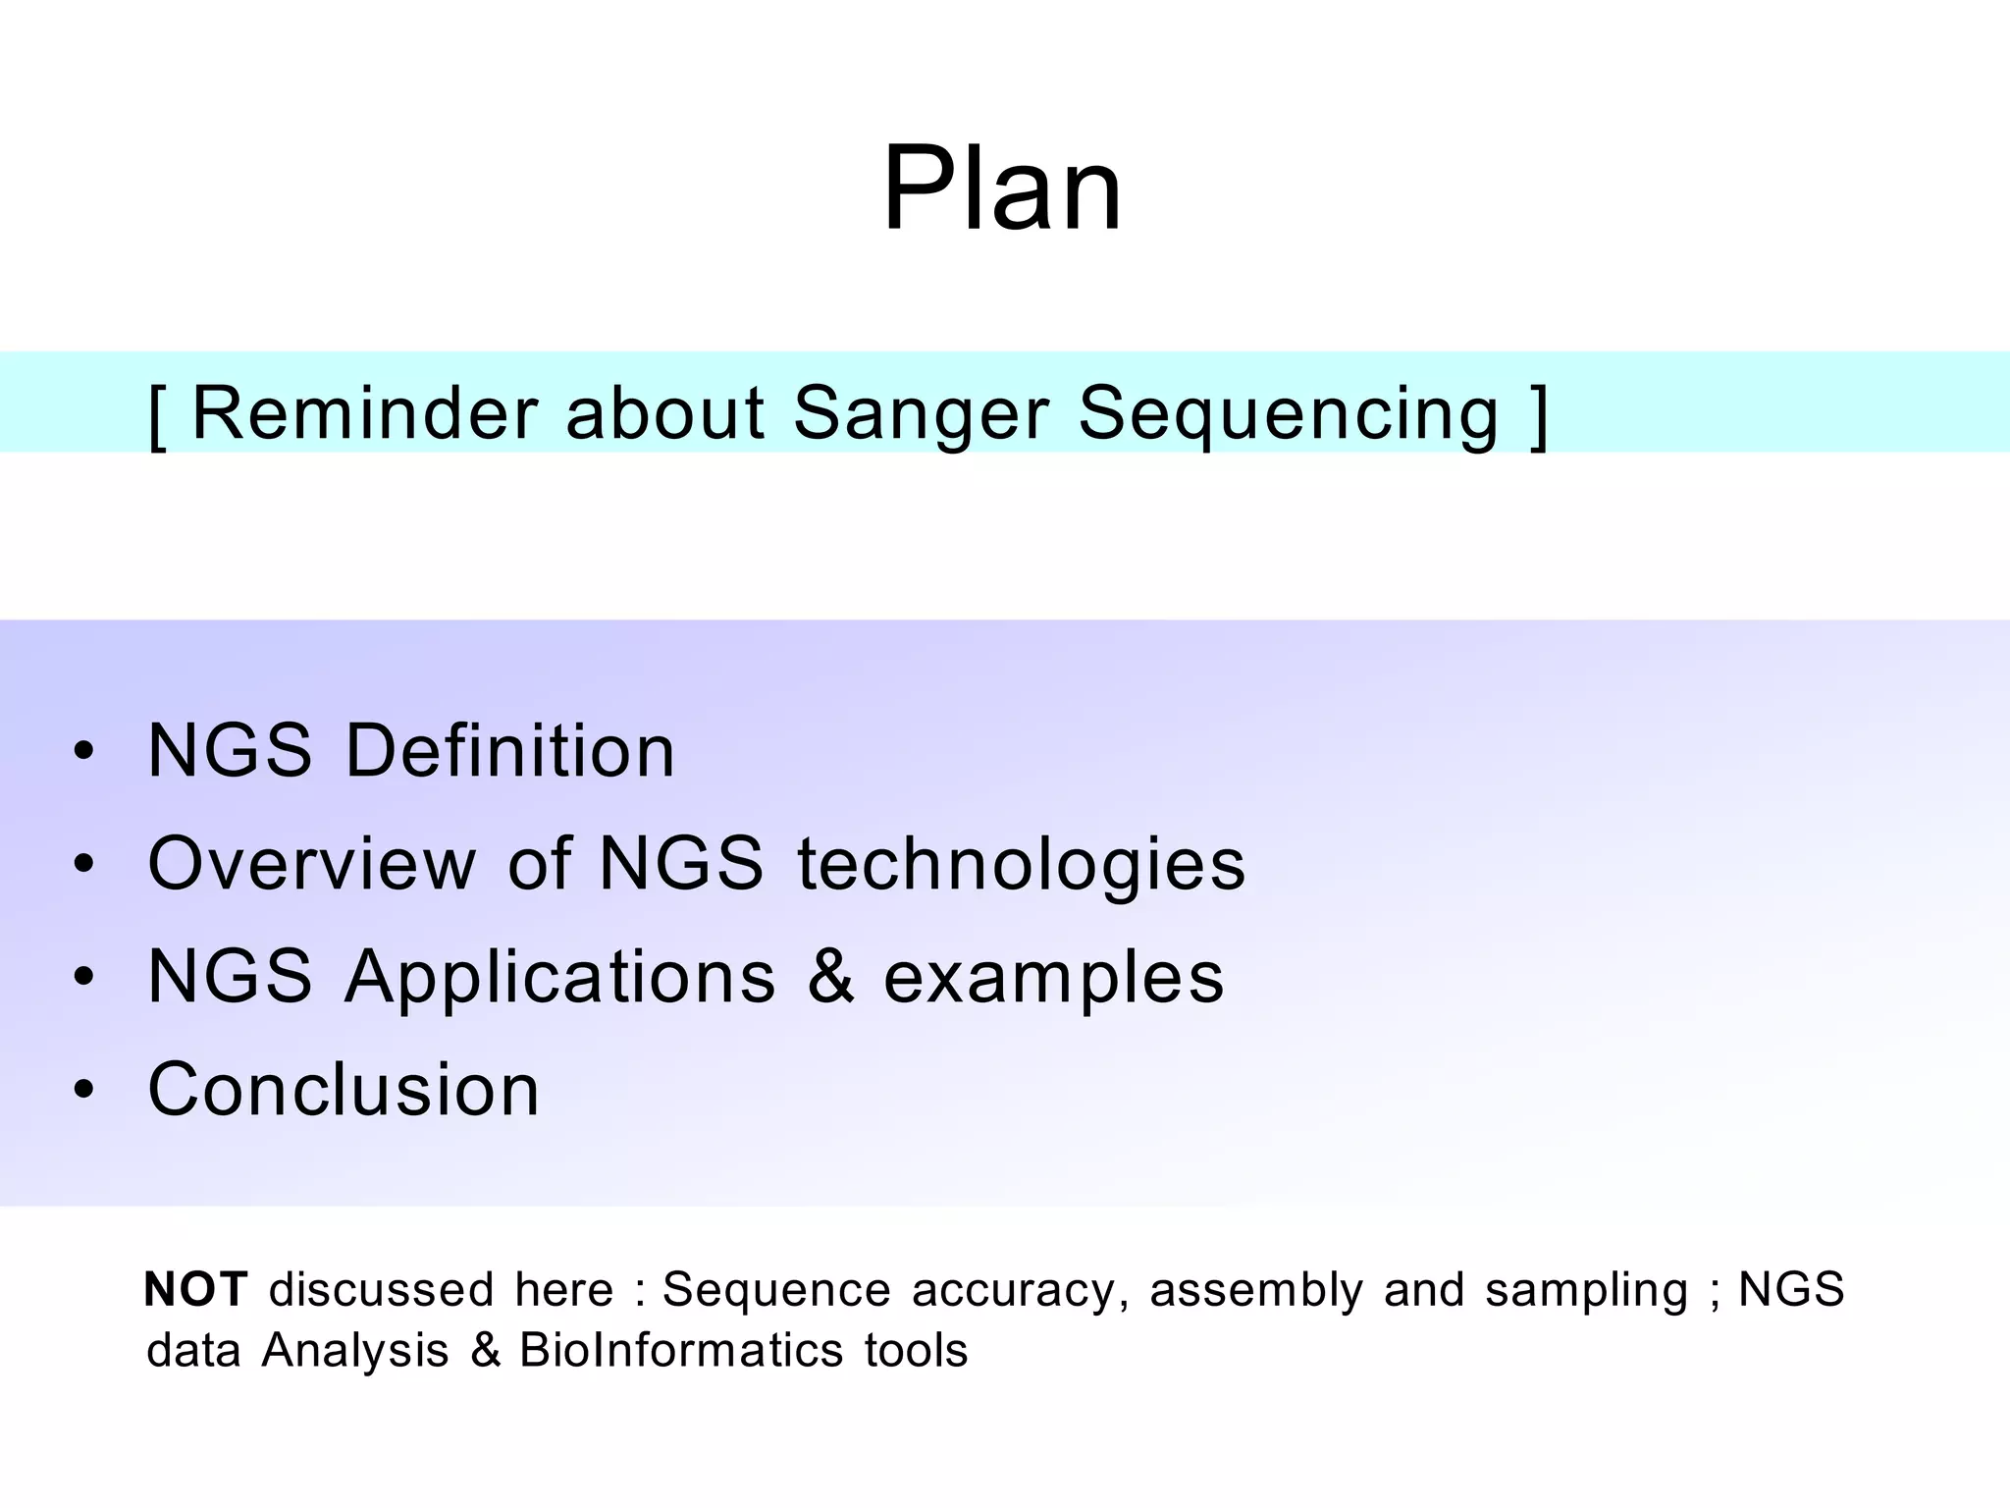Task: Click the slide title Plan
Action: coord(1002,188)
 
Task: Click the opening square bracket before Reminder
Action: coord(157,416)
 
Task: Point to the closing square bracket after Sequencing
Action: coord(1539,416)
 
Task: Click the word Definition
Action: coord(509,751)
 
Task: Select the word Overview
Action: coord(311,864)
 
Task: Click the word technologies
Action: coord(1021,865)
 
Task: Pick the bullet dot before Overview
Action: coord(84,865)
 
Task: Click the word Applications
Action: coord(559,978)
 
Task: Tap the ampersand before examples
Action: coord(830,977)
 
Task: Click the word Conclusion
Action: coord(344,1090)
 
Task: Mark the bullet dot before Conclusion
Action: coord(84,1090)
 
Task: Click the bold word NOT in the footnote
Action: coord(195,1289)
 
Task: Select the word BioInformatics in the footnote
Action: coord(681,1351)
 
